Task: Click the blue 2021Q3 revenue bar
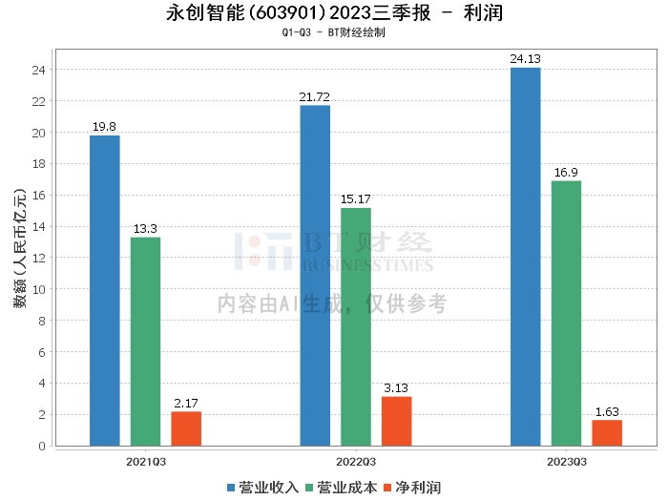coord(105,290)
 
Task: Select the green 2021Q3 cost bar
coord(145,342)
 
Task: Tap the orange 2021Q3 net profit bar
coord(186,428)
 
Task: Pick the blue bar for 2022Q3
coord(315,276)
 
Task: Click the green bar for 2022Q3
coord(356,327)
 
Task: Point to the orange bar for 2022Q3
coord(397,421)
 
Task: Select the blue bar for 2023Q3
coord(526,257)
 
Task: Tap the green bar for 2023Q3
coord(566,314)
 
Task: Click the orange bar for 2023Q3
coord(607,433)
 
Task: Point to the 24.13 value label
coord(525,59)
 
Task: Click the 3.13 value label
coord(396,388)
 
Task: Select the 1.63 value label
coord(607,412)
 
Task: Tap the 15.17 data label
coord(356,198)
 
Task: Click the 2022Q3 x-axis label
coord(356,462)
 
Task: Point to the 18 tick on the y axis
coord(39,163)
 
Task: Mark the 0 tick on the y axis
coord(42,446)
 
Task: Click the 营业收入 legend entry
coord(262,488)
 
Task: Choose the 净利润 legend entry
coord(412,488)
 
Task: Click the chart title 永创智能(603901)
coord(246,12)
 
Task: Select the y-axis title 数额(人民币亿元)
coord(20,248)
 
